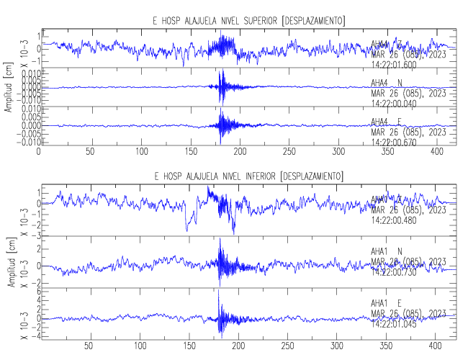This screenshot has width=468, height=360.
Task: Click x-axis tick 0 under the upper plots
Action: pos(39,153)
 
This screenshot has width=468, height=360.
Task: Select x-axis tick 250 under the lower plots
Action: pos(288,346)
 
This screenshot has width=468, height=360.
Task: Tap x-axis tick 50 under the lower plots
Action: pos(89,346)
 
